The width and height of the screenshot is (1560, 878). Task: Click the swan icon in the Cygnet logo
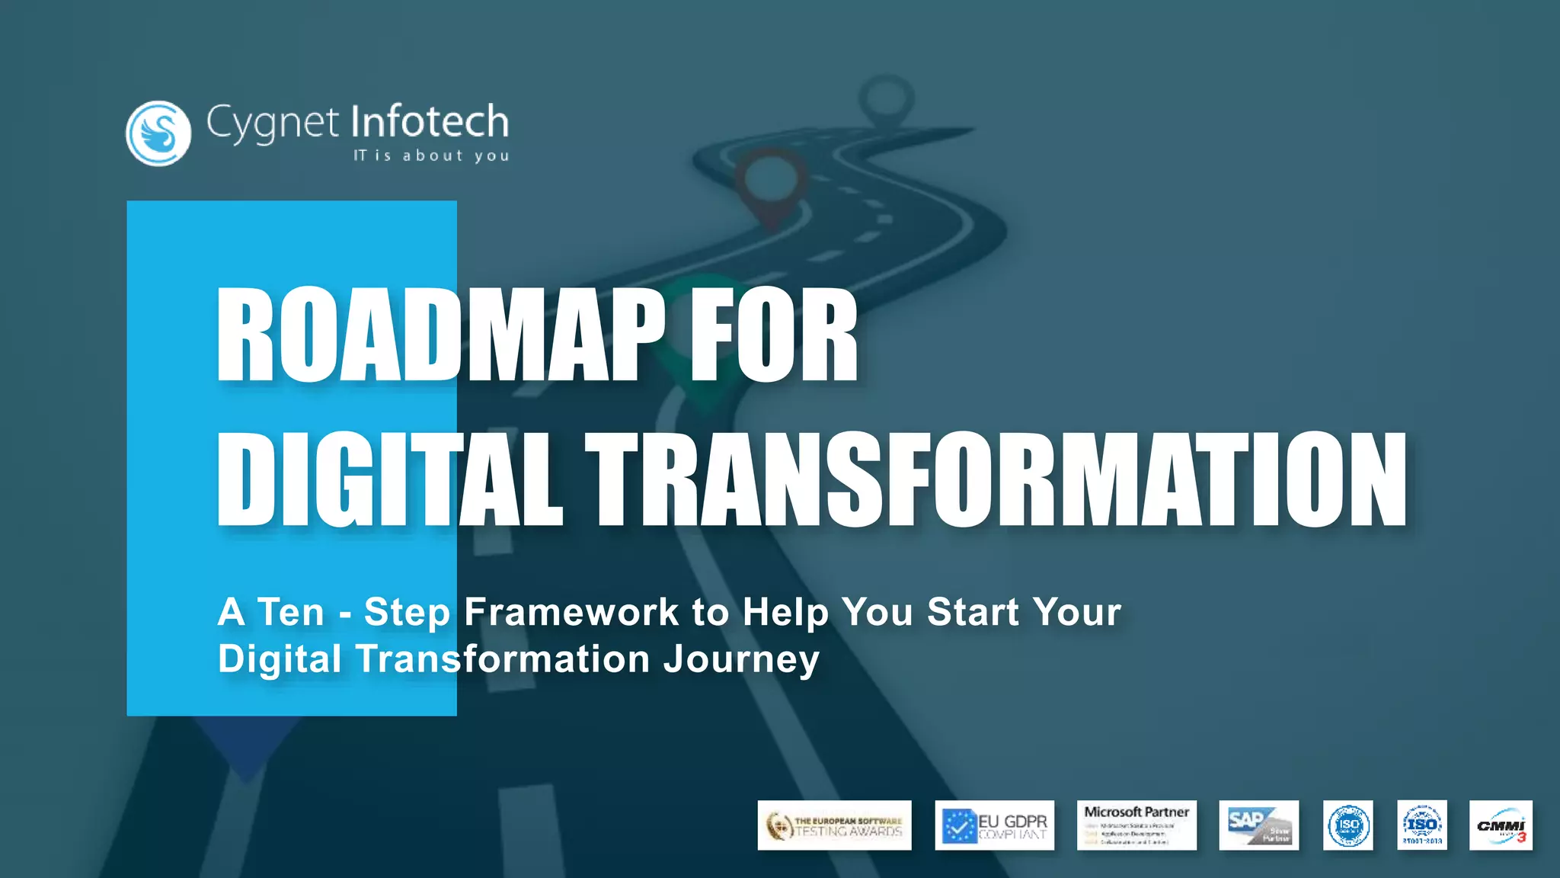[158, 133]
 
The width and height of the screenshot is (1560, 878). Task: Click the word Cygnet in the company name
[271, 123]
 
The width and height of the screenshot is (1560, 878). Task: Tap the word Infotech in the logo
[430, 122]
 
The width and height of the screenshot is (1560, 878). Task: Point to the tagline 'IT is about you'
[431, 155]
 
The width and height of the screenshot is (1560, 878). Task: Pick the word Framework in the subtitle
[571, 612]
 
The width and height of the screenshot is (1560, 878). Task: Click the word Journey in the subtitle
[740, 659]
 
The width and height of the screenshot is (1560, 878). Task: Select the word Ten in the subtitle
[291, 612]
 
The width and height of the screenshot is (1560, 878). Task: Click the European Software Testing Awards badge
[834, 825]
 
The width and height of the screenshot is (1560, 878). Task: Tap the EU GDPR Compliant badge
[994, 825]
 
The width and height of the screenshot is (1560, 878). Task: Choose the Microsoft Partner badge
[1136, 825]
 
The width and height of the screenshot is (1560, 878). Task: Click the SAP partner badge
[1258, 825]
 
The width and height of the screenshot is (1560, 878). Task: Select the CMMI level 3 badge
[1500, 825]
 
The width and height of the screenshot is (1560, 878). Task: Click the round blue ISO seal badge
[1347, 825]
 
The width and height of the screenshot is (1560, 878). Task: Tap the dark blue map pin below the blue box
[245, 747]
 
